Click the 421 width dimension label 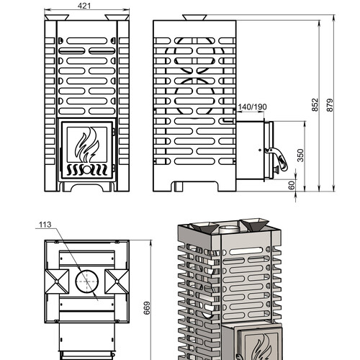(x=84, y=6)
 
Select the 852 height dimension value (x=315, y=105)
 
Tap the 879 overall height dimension (x=330, y=105)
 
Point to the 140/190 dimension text (x=252, y=107)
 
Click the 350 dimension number (x=300, y=156)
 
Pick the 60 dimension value (x=292, y=185)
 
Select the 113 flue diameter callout (x=45, y=225)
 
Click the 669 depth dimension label (x=147, y=308)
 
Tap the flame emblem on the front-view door (x=87, y=145)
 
